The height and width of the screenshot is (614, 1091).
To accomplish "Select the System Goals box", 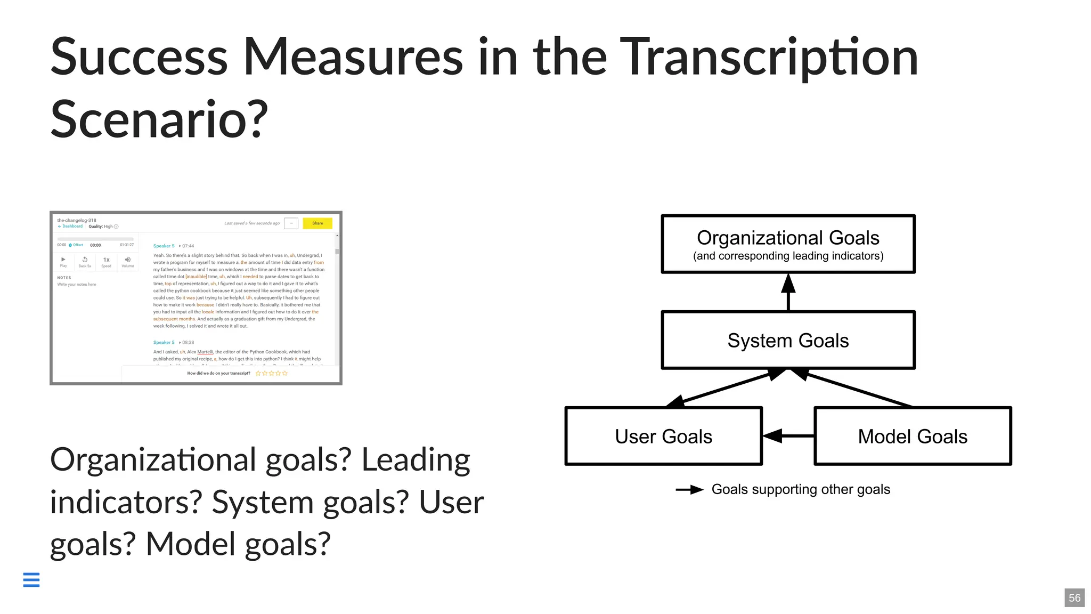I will click(788, 340).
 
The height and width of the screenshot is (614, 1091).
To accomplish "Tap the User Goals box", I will click(663, 436).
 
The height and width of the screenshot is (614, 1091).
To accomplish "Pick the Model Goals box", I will click(913, 436).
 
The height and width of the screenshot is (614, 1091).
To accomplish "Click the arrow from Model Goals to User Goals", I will click(788, 436).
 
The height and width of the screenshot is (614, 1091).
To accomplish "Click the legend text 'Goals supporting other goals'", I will click(801, 489).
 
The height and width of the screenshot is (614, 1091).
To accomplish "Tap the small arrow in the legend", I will click(690, 490).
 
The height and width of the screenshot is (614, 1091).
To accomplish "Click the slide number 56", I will click(1074, 598).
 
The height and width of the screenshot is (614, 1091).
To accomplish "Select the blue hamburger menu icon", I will click(31, 579).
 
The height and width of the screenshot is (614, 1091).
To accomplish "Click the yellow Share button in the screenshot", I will click(317, 223).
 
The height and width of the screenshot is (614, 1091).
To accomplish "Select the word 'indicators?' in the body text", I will click(126, 502).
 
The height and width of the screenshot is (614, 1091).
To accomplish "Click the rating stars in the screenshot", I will click(272, 374).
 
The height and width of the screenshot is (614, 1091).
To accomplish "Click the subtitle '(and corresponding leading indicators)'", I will click(788, 256).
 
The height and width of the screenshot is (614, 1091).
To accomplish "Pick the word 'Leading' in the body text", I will click(416, 459).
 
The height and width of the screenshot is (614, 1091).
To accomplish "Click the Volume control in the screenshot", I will click(128, 261).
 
